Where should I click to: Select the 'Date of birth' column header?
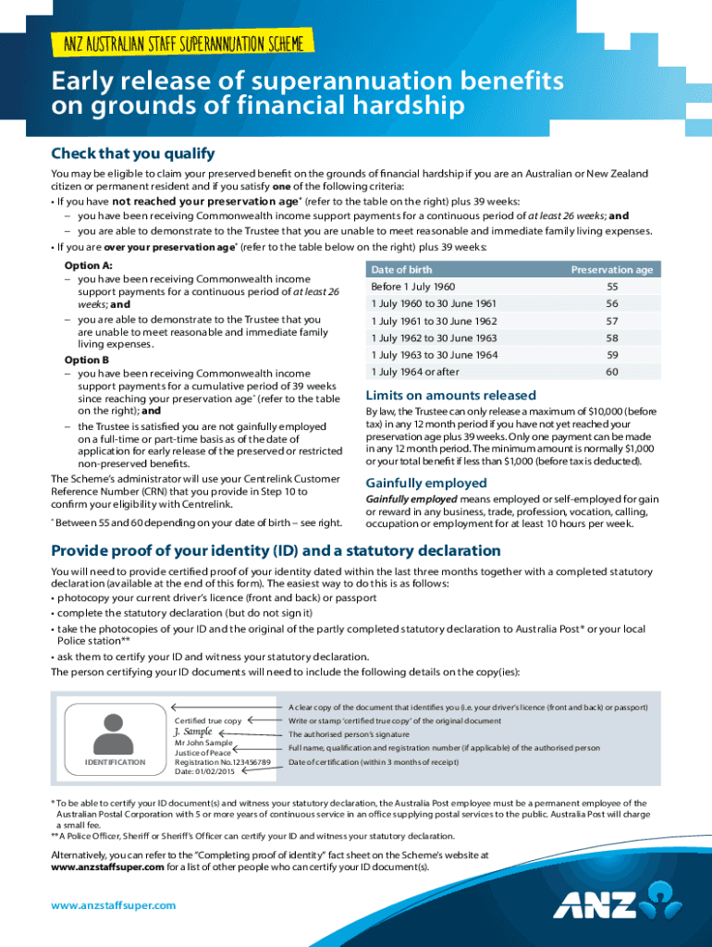coord(401,269)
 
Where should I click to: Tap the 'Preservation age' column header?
coord(611,269)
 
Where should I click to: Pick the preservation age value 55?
coord(611,287)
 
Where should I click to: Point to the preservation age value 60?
coord(611,372)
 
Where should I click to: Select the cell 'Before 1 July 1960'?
coord(412,287)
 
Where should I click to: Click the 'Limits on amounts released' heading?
coord(450,395)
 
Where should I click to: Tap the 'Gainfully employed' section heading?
coord(426,483)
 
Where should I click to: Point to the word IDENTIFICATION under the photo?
coord(115,762)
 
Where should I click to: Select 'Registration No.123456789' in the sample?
coord(222,762)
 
